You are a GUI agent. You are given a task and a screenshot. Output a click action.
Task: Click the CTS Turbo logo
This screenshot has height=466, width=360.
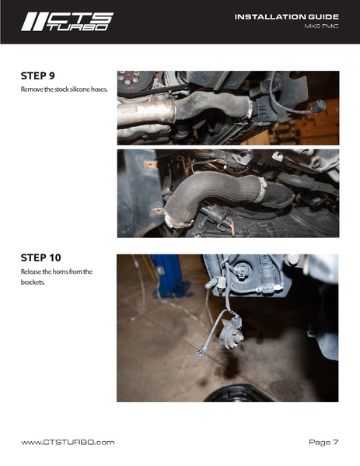67,22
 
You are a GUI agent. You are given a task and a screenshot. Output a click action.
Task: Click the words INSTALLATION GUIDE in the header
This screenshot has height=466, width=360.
287,17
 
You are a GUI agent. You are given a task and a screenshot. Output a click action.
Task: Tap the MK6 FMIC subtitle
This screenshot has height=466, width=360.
321,26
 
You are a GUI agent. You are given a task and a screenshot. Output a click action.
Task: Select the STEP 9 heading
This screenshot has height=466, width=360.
38,75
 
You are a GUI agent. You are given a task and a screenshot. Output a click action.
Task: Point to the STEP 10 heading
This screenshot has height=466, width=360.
40,258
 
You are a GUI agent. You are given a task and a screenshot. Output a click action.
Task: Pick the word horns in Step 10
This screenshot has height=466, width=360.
61,272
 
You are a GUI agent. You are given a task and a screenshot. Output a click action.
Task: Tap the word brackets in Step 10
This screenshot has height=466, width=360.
33,282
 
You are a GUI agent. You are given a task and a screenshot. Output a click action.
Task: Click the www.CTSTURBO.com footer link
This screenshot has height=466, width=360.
68,442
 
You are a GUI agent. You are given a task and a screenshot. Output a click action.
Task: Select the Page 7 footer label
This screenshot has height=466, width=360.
323,442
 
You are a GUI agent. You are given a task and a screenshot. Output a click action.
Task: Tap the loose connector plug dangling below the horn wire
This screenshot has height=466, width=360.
201,351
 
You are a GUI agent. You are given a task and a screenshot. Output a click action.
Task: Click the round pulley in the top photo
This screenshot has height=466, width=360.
131,80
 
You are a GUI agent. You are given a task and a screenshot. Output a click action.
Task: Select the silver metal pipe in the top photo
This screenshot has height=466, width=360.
146,112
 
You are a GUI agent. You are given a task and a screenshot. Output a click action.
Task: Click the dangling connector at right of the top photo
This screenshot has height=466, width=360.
318,106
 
